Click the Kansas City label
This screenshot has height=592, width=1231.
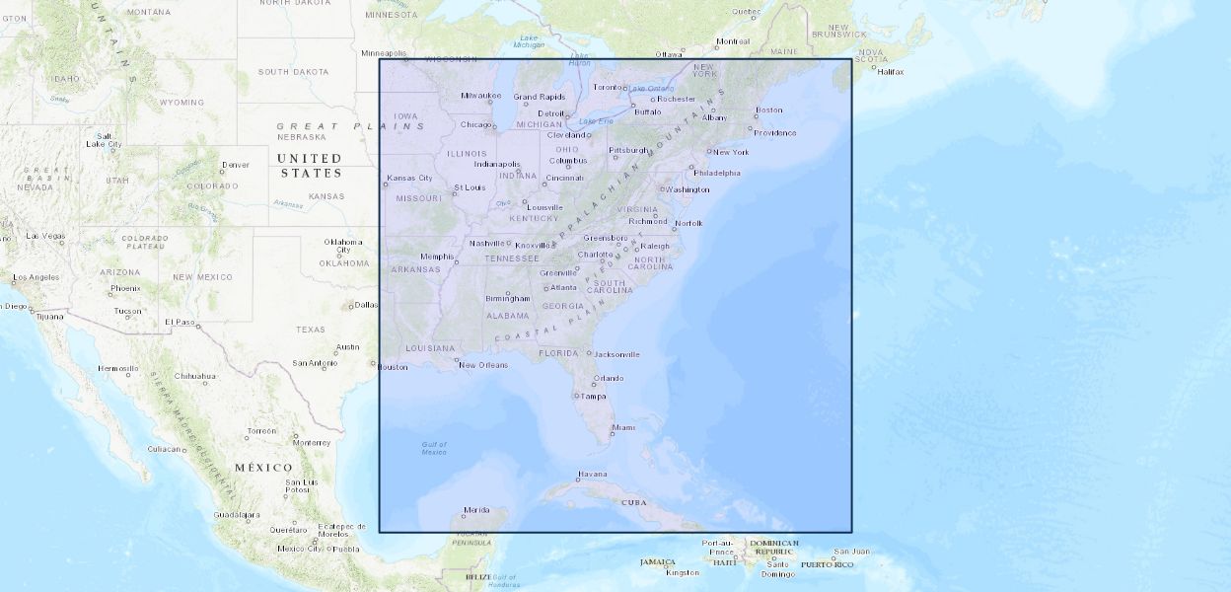(x=410, y=179)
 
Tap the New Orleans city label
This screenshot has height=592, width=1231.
(x=484, y=365)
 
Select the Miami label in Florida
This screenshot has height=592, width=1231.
(x=623, y=427)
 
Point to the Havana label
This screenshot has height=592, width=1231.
(x=593, y=474)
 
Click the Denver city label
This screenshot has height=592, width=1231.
(x=236, y=165)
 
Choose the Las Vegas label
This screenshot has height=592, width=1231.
(x=45, y=236)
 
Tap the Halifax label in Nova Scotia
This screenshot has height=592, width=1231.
(x=891, y=71)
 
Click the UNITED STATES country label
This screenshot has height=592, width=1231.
(x=310, y=166)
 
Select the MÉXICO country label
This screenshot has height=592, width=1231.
(x=263, y=467)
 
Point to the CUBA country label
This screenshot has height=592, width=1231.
(x=633, y=502)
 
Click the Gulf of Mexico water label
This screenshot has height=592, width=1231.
(x=434, y=449)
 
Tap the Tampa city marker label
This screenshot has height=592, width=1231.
(x=593, y=397)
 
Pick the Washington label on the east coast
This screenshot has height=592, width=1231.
(x=688, y=189)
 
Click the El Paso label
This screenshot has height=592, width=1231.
(x=181, y=322)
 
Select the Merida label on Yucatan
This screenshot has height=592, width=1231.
(x=476, y=510)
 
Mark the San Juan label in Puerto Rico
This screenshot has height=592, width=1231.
(x=851, y=552)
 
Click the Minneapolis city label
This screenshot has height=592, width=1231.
(x=384, y=53)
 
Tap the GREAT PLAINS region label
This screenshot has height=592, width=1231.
(x=351, y=126)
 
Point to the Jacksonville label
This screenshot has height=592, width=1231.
(x=617, y=354)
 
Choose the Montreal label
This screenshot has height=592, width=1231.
(x=733, y=41)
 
